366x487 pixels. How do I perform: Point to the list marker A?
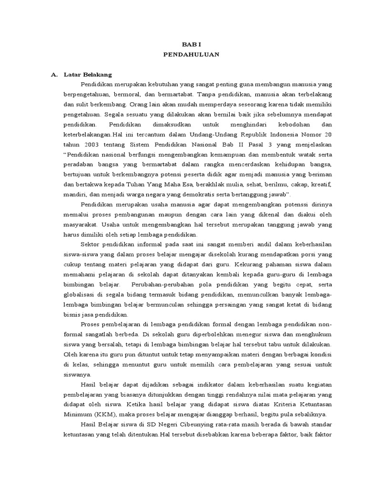coord(54,75)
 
